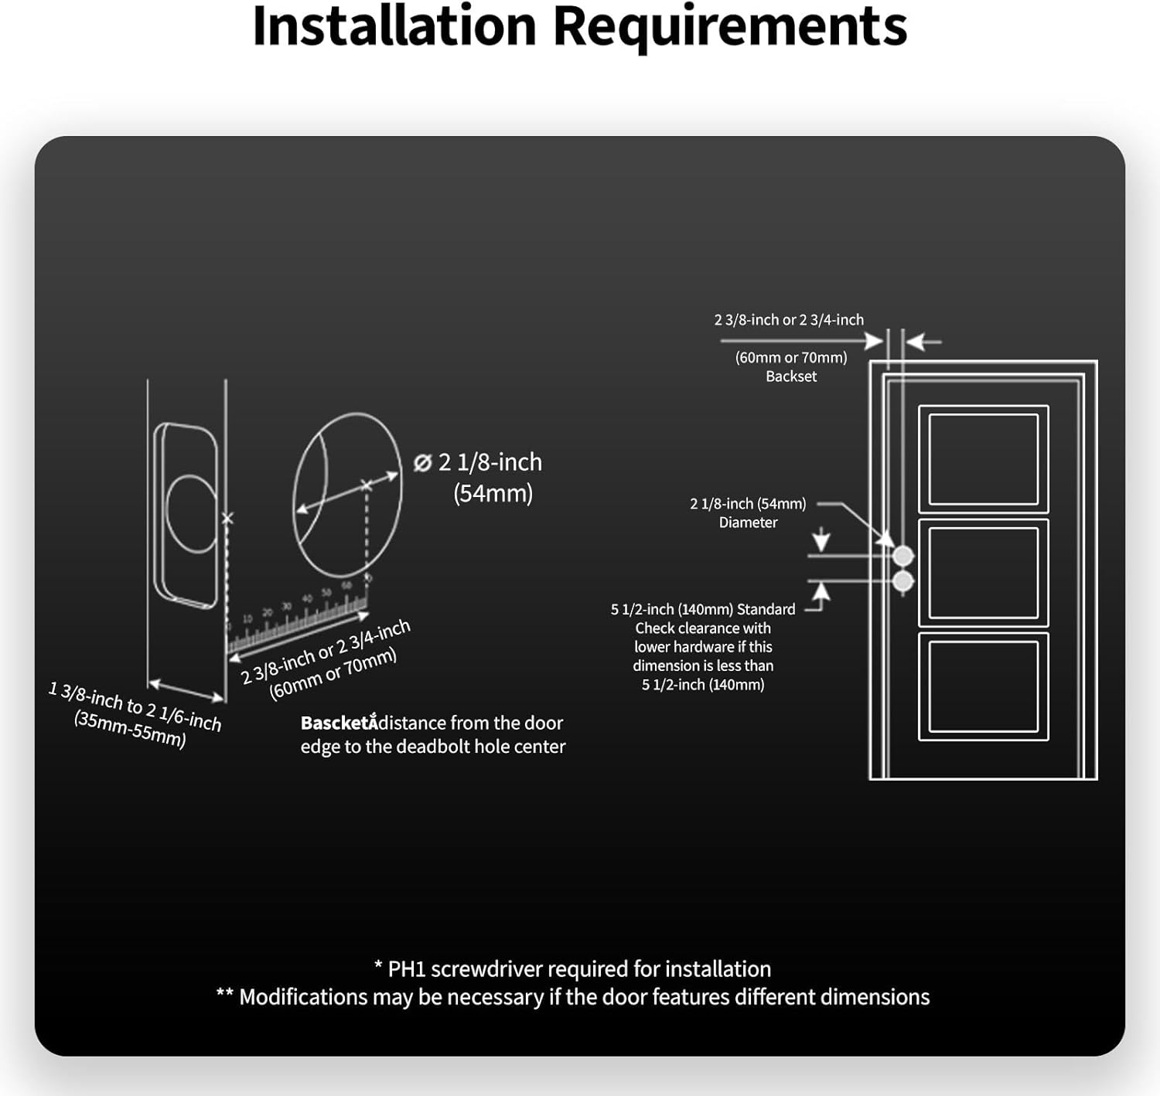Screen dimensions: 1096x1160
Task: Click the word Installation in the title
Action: pos(394,26)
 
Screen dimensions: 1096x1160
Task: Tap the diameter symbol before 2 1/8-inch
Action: pos(422,463)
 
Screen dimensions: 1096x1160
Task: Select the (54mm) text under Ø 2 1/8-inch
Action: pos(493,493)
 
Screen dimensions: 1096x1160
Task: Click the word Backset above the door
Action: pos(791,376)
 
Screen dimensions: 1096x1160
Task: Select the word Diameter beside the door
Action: pos(748,522)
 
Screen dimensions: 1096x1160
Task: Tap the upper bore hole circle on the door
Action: pos(903,556)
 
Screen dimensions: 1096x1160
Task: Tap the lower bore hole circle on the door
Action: pos(903,581)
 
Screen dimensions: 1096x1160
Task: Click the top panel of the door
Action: pos(983,459)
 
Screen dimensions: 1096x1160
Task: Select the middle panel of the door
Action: pos(983,573)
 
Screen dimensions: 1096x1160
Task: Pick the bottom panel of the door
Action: pos(983,686)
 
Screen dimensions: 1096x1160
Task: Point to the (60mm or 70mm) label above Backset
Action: pos(791,358)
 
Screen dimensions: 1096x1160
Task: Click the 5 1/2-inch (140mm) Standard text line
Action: pos(703,610)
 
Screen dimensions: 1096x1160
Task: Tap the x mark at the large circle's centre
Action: pos(367,485)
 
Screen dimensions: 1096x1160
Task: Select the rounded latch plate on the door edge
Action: pos(186,512)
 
